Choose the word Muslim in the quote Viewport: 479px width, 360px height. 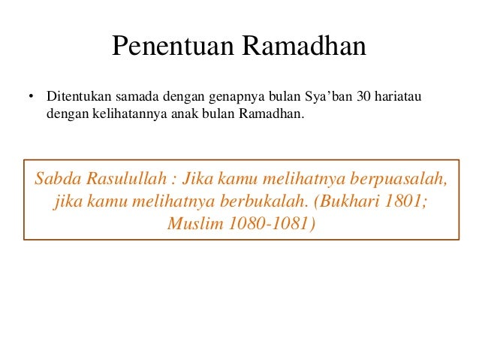pos(197,223)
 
